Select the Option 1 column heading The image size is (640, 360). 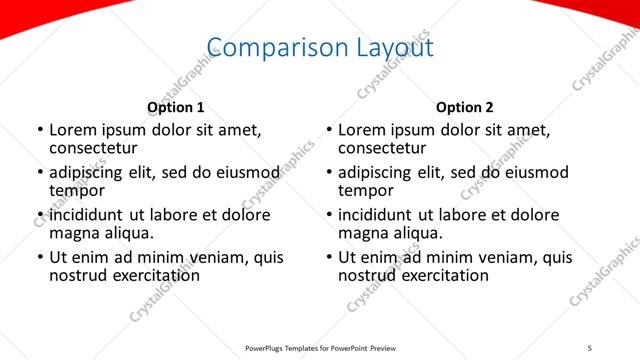click(x=176, y=107)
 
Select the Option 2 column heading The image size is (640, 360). click(x=465, y=107)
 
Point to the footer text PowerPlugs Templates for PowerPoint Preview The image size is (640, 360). click(x=321, y=348)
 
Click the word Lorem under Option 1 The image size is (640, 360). click(x=74, y=130)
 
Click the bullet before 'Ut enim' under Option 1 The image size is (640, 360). click(x=39, y=258)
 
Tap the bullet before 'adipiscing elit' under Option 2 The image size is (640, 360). click(x=328, y=173)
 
